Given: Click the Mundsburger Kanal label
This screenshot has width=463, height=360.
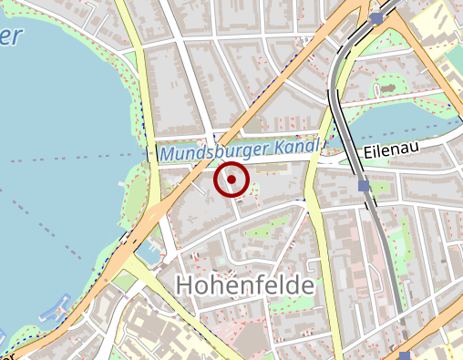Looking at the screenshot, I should click(x=239, y=150).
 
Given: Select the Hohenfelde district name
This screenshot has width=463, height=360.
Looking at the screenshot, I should click(x=243, y=285).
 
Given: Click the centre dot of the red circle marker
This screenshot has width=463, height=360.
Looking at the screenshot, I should click(x=231, y=180).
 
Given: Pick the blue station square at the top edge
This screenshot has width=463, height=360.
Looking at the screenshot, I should click(x=376, y=18).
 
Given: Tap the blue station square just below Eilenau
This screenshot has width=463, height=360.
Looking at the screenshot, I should click(x=365, y=186).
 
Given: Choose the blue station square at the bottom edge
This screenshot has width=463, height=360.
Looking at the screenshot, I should click(x=405, y=355).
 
